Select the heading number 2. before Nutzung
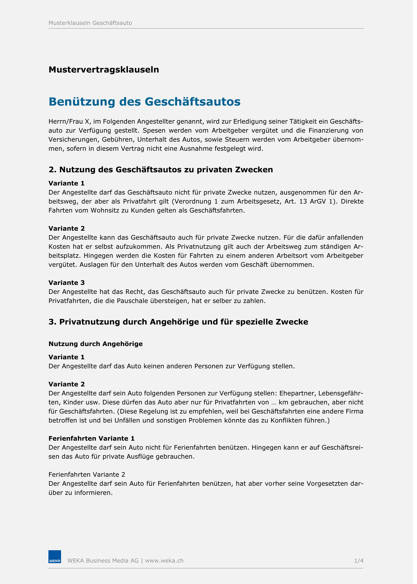point(53,170)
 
